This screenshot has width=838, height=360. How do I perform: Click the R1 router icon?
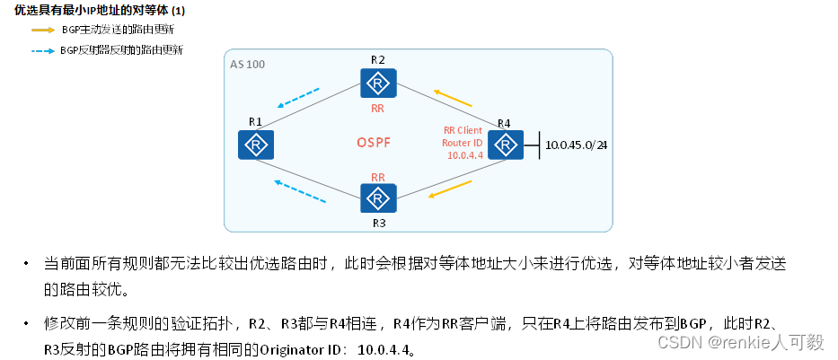click(x=256, y=145)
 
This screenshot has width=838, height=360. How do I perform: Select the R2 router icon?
click(x=378, y=84)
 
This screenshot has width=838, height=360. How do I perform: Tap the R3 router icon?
click(x=378, y=198)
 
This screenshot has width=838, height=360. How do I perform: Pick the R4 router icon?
click(x=506, y=144)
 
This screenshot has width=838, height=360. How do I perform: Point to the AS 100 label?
click(x=247, y=66)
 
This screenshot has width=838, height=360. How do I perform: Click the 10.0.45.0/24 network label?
click(x=578, y=144)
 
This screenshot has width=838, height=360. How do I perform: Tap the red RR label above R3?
click(x=378, y=177)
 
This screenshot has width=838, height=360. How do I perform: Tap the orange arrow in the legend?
click(x=42, y=30)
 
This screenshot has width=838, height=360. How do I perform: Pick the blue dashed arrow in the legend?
click(x=42, y=50)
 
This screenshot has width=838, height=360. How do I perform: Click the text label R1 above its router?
click(x=255, y=121)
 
